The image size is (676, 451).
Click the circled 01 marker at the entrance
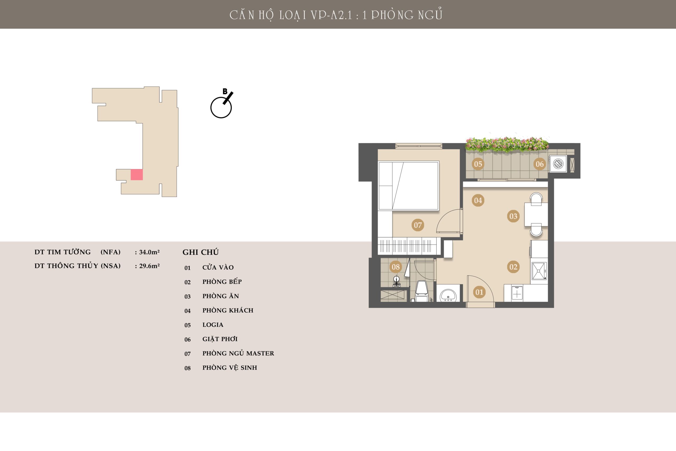point(479,292)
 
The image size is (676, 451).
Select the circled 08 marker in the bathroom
point(396,267)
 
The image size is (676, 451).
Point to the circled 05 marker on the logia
point(478,164)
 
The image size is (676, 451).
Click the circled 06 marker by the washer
point(539,164)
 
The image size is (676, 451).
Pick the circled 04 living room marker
point(478,200)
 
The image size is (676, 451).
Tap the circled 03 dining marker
point(513,216)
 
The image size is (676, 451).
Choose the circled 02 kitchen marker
point(513,267)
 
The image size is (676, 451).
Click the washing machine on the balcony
point(558,164)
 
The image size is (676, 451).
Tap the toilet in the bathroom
point(422,291)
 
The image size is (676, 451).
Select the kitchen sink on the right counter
point(539,271)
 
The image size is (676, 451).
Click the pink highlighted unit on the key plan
point(137,175)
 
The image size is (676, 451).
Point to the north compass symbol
point(222,104)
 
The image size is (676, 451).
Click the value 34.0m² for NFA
point(149,252)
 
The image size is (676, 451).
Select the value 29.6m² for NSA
point(149,266)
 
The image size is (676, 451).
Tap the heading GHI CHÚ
point(201,252)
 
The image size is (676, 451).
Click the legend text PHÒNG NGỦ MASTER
point(238,353)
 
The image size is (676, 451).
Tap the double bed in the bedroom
point(409,186)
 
